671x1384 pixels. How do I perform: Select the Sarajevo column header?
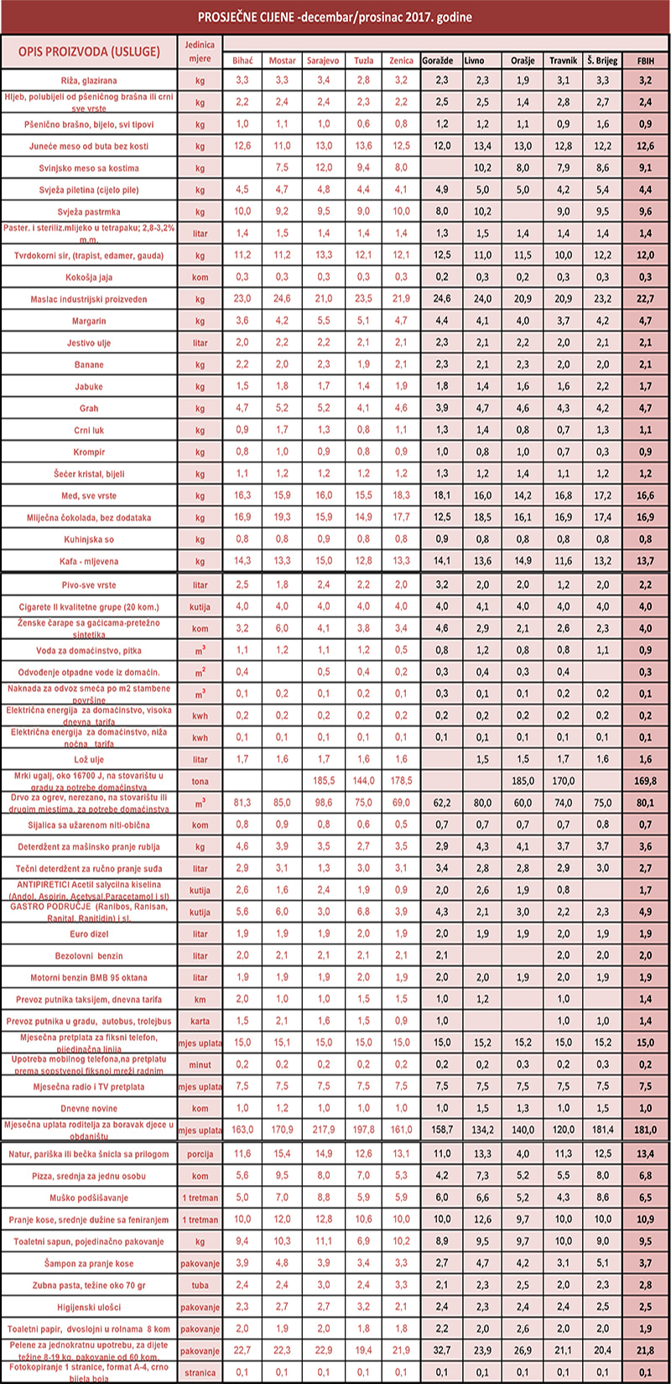click(x=323, y=60)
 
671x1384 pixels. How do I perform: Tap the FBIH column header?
click(x=646, y=60)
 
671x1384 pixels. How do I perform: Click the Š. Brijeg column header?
click(x=602, y=60)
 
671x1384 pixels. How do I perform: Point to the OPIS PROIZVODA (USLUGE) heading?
click(x=89, y=51)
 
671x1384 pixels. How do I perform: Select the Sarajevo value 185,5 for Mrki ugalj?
click(x=323, y=780)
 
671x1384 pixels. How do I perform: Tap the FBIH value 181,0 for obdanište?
click(x=646, y=1129)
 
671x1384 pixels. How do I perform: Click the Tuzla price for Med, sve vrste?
click(x=363, y=496)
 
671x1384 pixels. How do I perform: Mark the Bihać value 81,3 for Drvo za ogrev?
click(x=242, y=802)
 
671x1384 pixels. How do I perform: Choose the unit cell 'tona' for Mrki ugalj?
click(x=200, y=781)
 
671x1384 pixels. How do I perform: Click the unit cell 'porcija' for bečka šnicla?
click(x=200, y=1155)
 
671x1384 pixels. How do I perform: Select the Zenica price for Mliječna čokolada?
click(x=402, y=518)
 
